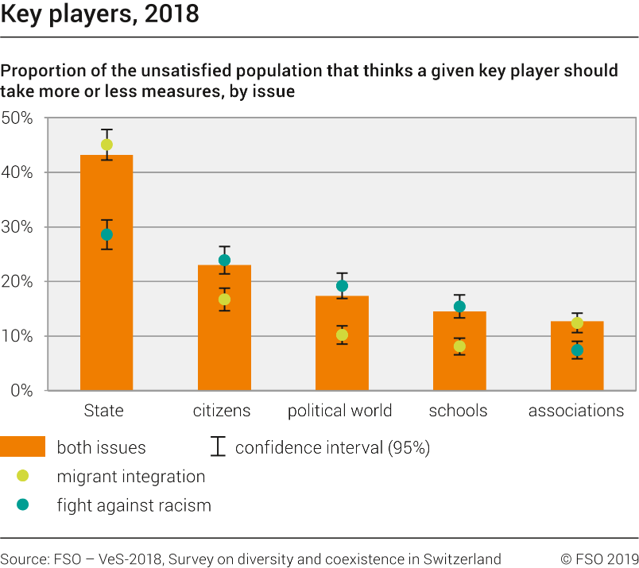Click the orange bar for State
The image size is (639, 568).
106,302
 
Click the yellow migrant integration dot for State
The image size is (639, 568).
106,145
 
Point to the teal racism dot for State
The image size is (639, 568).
106,234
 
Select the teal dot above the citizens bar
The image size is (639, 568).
224,260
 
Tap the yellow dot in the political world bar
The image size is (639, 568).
342,335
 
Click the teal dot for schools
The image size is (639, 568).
459,307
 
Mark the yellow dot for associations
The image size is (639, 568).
577,323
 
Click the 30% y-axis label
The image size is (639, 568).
17,227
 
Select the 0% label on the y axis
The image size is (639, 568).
21,391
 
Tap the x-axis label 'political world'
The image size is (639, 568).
339,411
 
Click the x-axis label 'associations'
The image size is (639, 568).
576,411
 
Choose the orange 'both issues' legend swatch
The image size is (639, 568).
22,447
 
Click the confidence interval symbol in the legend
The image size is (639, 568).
217,447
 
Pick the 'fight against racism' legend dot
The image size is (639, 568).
22,504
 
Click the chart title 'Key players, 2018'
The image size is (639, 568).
100,14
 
